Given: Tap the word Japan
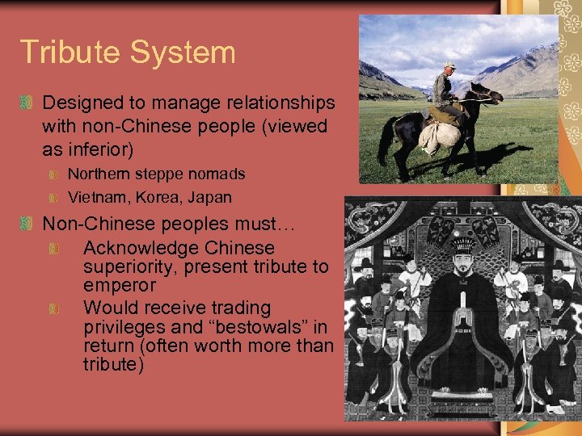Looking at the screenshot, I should tap(209, 197).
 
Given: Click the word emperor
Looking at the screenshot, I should tap(119, 286).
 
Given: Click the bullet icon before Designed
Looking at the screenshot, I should tap(27, 103).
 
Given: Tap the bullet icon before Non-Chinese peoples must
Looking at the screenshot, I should tap(27, 223).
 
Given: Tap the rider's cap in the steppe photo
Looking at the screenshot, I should tap(449, 65).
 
